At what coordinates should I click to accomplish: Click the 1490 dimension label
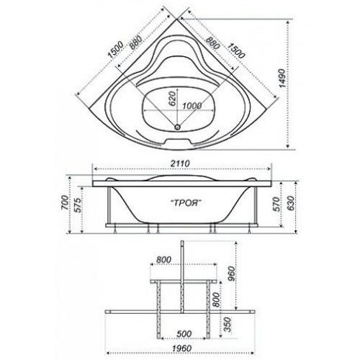click(283, 78)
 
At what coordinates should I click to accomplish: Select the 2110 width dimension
click(180, 163)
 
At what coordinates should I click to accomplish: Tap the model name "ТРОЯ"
click(185, 203)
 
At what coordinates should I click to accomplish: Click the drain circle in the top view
click(177, 127)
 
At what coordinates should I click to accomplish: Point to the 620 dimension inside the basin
click(172, 99)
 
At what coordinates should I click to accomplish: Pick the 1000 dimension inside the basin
click(192, 106)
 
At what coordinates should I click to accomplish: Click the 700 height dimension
click(65, 203)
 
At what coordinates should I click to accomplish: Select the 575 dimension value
click(78, 205)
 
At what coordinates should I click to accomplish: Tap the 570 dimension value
click(276, 204)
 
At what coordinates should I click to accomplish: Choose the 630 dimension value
click(290, 203)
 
